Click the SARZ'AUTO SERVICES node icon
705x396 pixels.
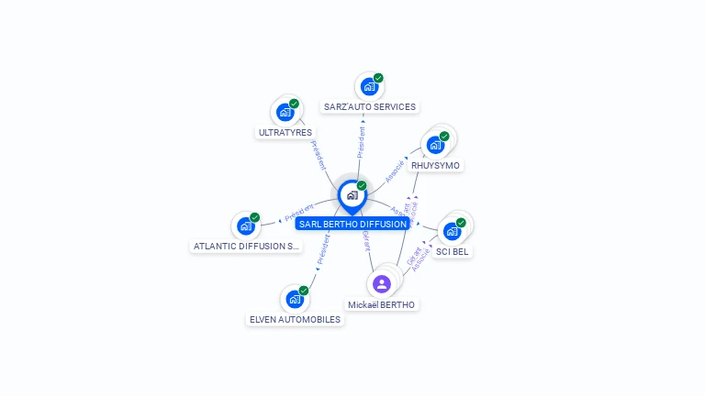click(369, 87)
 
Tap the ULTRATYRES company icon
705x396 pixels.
click(285, 113)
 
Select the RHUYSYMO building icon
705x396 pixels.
click(436, 145)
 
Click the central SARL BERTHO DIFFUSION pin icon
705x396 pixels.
click(352, 195)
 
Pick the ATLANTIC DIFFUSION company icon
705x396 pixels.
click(246, 226)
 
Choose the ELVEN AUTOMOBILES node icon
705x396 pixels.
click(295, 299)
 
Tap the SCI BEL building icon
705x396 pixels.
click(453, 231)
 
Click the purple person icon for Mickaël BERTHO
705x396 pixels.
click(382, 284)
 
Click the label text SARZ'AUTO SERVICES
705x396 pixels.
click(370, 107)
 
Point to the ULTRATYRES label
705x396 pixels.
click(285, 133)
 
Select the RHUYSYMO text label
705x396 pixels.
click(436, 166)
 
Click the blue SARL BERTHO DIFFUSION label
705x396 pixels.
click(352, 224)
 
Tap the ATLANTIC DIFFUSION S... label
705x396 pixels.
click(247, 247)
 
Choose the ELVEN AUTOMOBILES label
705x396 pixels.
click(296, 320)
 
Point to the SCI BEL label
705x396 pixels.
click(453, 252)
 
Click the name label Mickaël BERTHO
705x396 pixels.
click(382, 304)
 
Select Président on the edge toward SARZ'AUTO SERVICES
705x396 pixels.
click(362, 143)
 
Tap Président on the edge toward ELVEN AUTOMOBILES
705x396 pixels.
click(322, 251)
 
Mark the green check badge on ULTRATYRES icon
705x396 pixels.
click(294, 104)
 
